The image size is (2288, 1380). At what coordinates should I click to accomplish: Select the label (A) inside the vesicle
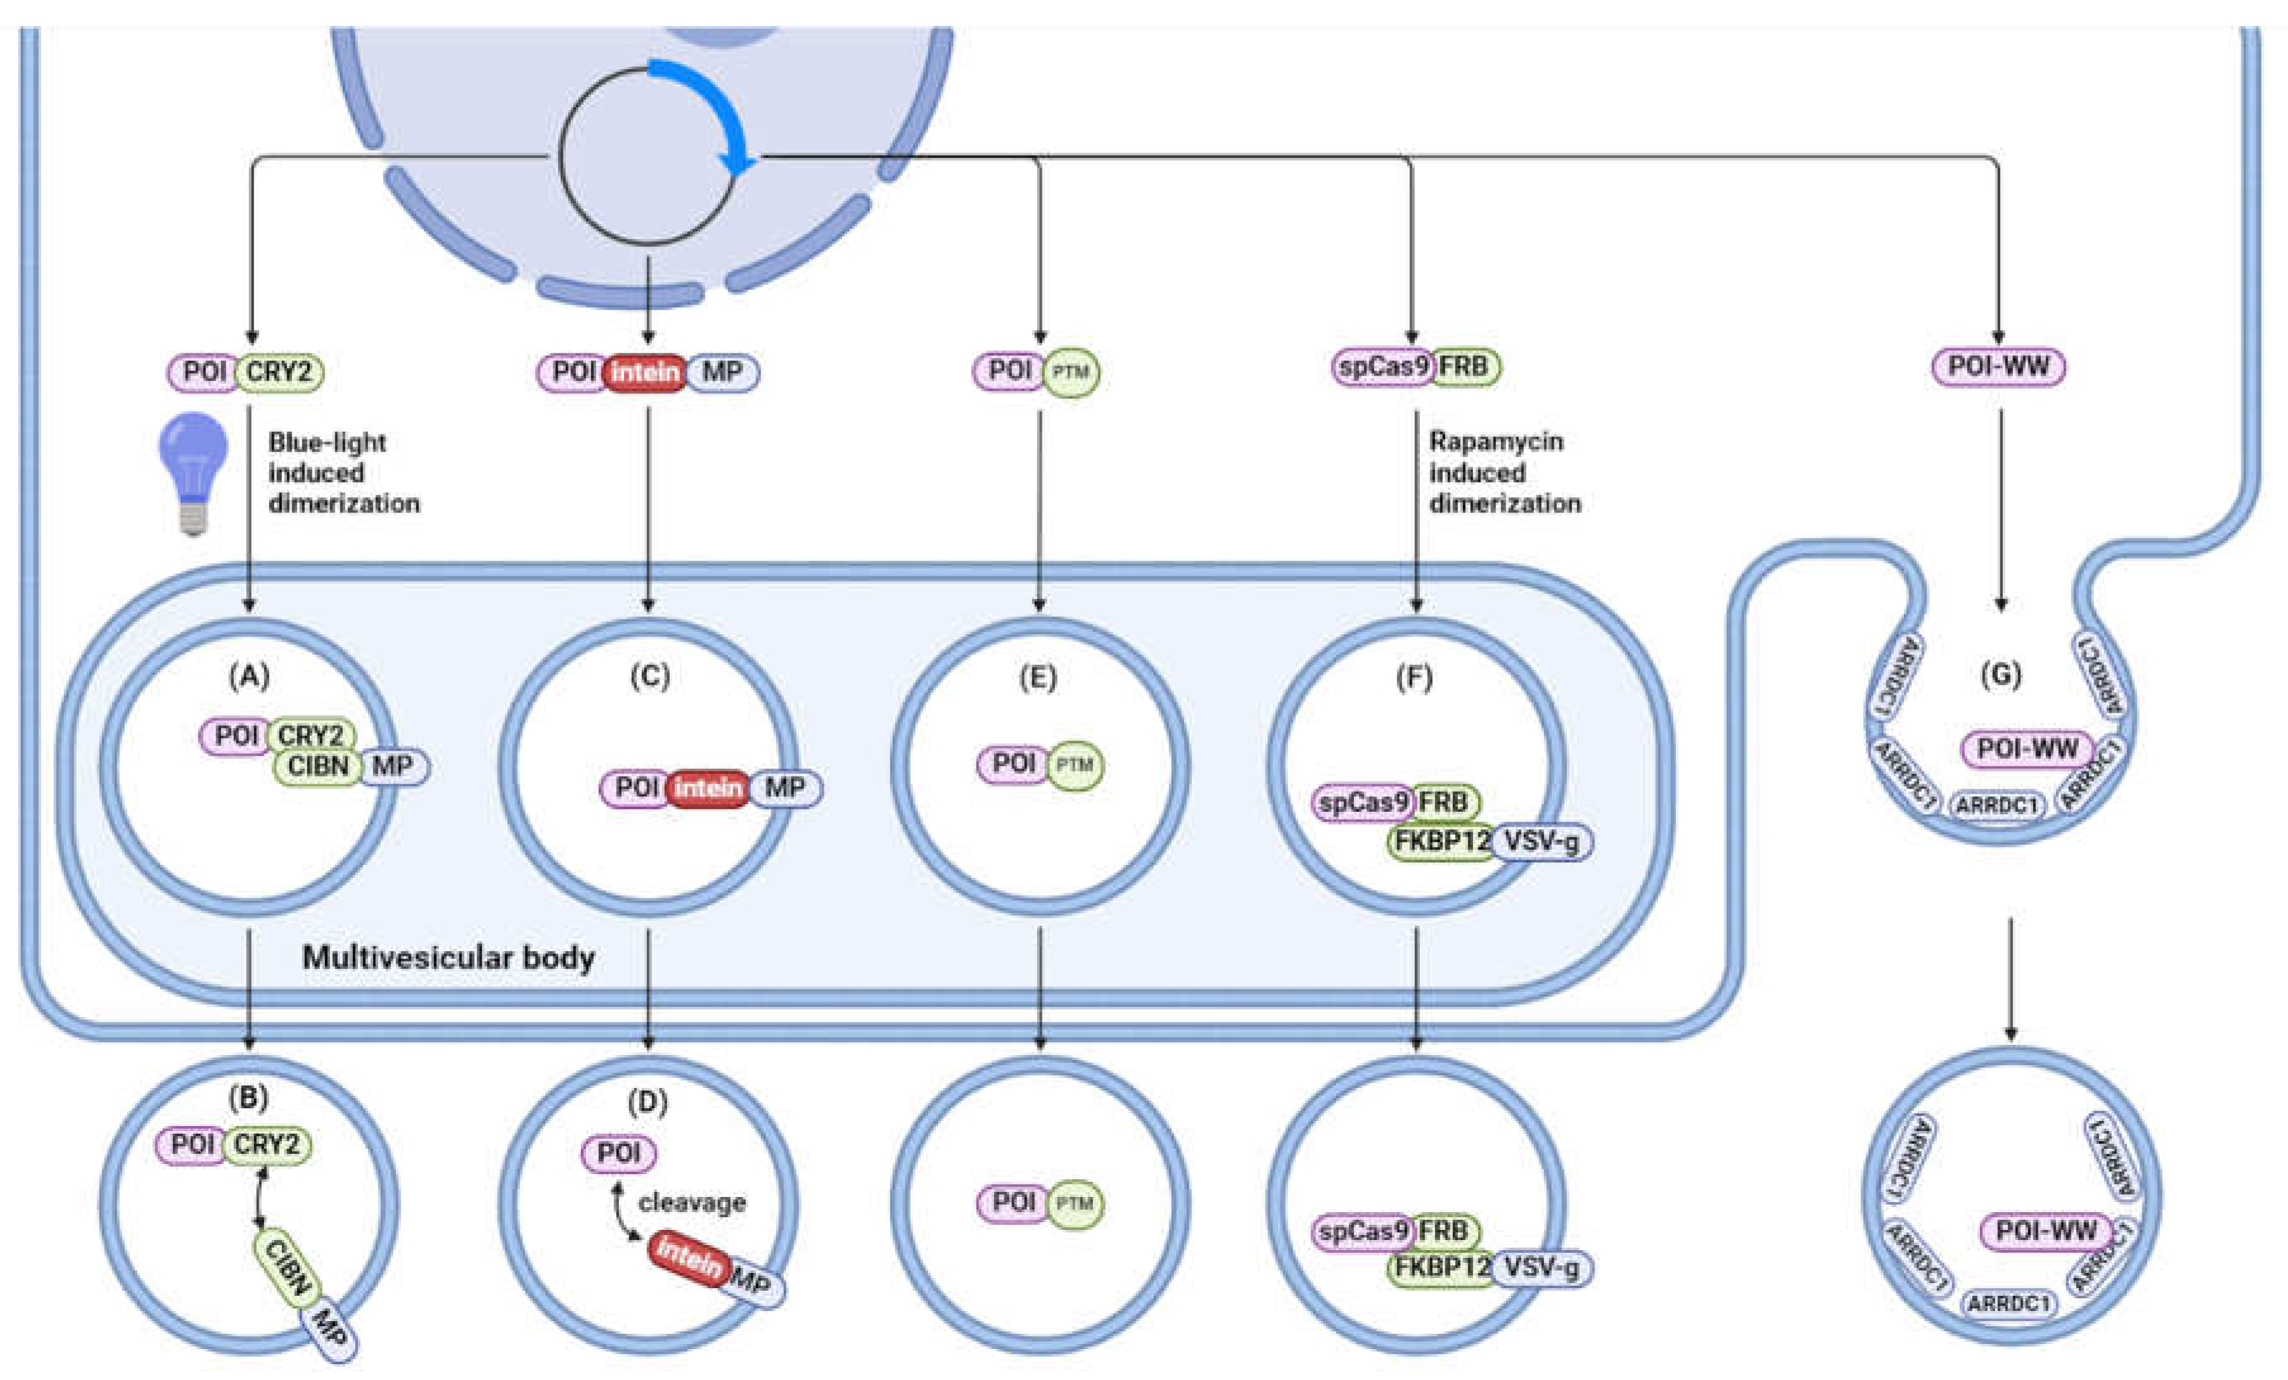pos(249,676)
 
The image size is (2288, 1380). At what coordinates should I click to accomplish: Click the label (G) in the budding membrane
pos(2000,674)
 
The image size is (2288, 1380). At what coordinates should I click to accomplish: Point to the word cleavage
pos(692,1202)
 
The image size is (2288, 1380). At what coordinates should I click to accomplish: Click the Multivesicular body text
pos(449,957)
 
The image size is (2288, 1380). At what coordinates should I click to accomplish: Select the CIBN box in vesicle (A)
pos(317,766)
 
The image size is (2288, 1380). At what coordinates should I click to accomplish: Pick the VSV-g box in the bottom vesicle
pos(1542,1268)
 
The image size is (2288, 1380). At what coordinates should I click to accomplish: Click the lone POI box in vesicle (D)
pos(618,1153)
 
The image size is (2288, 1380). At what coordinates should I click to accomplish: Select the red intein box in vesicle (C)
pos(708,788)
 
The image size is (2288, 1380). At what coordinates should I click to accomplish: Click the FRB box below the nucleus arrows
pos(1464,367)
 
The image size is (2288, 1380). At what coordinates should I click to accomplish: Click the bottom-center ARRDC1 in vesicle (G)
pos(1997,804)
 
